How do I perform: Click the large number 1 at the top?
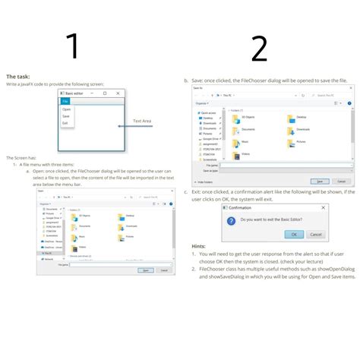(73, 46)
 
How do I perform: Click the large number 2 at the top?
(259, 49)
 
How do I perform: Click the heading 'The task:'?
(18, 77)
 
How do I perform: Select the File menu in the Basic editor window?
(65, 100)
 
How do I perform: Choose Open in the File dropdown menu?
(67, 109)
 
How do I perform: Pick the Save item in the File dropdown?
(66, 116)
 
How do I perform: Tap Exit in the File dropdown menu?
(65, 122)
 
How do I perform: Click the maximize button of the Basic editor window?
(106, 93)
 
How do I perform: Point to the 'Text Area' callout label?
(142, 121)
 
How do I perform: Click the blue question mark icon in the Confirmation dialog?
(232, 219)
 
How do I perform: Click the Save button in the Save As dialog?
(321, 182)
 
